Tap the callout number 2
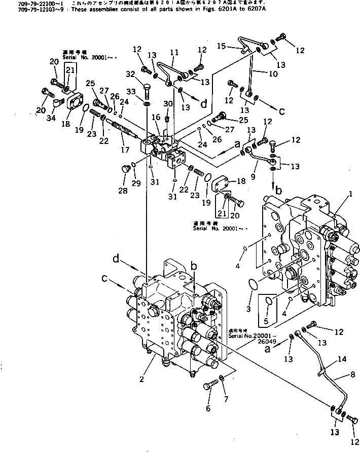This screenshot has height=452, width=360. (x=142, y=379)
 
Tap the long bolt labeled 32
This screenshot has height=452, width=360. (x=146, y=92)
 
